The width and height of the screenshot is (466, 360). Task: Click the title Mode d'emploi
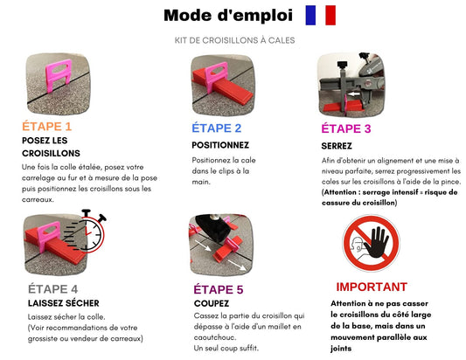click(x=228, y=16)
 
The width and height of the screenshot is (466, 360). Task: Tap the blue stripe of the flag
click(x=310, y=15)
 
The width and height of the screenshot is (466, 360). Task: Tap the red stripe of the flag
click(x=330, y=15)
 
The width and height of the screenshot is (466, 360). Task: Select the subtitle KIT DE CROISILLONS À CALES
click(x=234, y=40)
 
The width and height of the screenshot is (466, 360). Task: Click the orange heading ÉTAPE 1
click(x=46, y=127)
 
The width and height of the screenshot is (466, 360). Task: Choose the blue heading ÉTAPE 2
click(x=216, y=128)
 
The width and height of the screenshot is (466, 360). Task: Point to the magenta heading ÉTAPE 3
click(x=346, y=128)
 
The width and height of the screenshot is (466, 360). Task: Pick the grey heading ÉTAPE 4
click(x=53, y=289)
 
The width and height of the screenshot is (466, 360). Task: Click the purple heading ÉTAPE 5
click(x=219, y=289)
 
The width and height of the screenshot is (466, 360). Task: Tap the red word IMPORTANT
click(x=372, y=287)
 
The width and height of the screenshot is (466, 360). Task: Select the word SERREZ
click(x=337, y=146)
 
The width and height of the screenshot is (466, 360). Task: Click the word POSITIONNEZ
click(x=220, y=145)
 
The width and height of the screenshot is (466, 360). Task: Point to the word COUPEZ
click(x=212, y=303)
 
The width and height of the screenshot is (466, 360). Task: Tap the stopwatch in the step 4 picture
click(x=89, y=232)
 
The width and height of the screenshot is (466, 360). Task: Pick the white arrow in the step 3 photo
click(x=354, y=94)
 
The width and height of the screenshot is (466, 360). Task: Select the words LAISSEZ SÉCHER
click(x=64, y=303)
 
